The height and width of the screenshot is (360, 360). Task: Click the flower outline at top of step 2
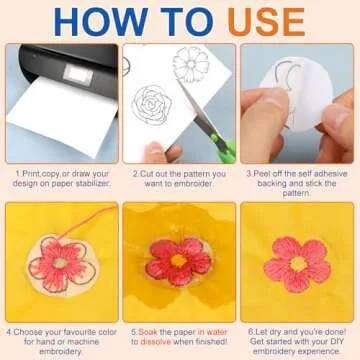[190, 64]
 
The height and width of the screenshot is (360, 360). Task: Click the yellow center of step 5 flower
[178, 262]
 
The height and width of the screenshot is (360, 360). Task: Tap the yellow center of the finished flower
[296, 263]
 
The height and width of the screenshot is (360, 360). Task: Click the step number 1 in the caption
[18, 172]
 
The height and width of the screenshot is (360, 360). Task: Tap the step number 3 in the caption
[248, 172]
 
